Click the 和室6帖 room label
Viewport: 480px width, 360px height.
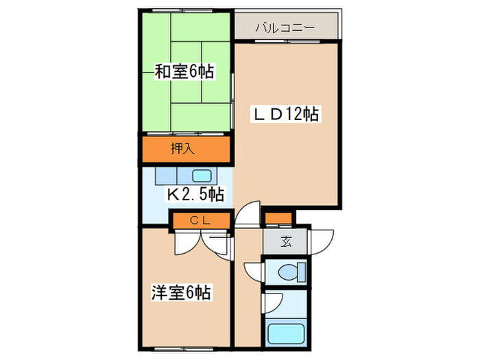click(x=184, y=71)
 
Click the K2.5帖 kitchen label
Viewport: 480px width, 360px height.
click(x=196, y=195)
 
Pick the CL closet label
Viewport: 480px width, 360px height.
click(x=200, y=220)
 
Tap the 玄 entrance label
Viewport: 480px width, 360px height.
click(x=286, y=241)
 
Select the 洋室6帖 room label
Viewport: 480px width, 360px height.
click(x=181, y=293)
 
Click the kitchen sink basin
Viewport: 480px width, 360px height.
click(x=200, y=175)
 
